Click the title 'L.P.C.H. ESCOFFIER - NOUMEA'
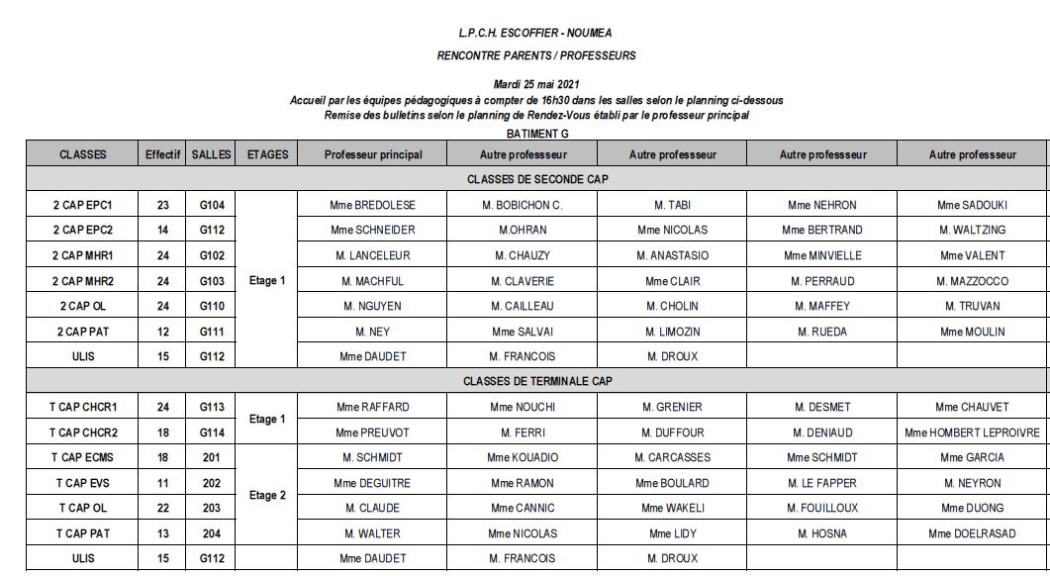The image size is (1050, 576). (x=535, y=33)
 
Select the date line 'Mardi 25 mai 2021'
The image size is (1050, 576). (x=535, y=85)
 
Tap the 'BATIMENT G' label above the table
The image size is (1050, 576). (x=537, y=133)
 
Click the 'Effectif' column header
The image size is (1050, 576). (x=162, y=154)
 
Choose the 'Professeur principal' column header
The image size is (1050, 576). (x=373, y=154)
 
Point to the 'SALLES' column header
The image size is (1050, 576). (x=212, y=154)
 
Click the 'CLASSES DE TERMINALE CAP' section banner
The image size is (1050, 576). (x=537, y=381)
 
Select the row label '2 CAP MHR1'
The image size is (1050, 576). (x=83, y=255)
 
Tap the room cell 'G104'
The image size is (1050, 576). (x=212, y=205)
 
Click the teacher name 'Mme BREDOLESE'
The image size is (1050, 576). (x=373, y=205)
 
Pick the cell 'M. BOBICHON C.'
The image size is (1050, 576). (x=523, y=205)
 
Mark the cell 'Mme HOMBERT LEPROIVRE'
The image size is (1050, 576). (x=972, y=432)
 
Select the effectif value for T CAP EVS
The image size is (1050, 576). (x=162, y=483)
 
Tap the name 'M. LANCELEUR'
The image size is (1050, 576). (x=373, y=255)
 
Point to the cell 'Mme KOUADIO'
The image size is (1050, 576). (x=523, y=457)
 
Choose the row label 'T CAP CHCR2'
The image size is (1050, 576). (x=83, y=432)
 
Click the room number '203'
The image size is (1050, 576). (x=212, y=508)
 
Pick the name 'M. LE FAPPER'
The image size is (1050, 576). (x=821, y=483)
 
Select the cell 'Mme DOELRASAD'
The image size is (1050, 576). (x=972, y=533)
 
